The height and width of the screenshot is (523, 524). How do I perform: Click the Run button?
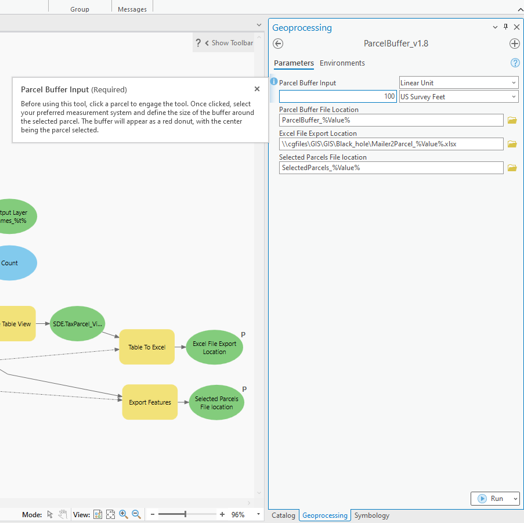491,499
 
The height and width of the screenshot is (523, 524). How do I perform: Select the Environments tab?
342,63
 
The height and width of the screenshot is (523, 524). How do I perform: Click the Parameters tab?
294,63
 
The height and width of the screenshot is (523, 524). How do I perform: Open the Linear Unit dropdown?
458,83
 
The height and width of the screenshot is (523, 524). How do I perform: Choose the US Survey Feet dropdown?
458,97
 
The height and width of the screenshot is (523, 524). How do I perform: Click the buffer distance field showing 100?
338,97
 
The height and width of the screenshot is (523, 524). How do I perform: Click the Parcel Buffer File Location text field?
391,120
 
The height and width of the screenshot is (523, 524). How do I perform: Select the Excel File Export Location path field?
391,144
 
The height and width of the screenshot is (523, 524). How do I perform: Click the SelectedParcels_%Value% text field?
391,168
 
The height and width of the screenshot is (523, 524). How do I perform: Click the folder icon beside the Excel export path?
512,144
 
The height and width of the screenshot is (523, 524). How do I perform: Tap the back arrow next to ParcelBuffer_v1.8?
278,44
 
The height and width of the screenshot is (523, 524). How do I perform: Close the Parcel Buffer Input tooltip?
257,89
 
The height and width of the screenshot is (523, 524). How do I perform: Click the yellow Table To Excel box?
147,347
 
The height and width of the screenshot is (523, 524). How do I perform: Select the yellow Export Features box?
150,402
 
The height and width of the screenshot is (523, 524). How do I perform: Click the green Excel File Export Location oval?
214,348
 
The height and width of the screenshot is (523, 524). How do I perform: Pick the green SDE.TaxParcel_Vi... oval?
78,324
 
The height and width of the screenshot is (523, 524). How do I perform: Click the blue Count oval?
12,263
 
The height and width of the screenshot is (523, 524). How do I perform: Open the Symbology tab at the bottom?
371,515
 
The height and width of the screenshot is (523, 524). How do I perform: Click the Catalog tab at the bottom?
283,515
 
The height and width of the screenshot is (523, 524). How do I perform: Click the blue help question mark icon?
514,63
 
